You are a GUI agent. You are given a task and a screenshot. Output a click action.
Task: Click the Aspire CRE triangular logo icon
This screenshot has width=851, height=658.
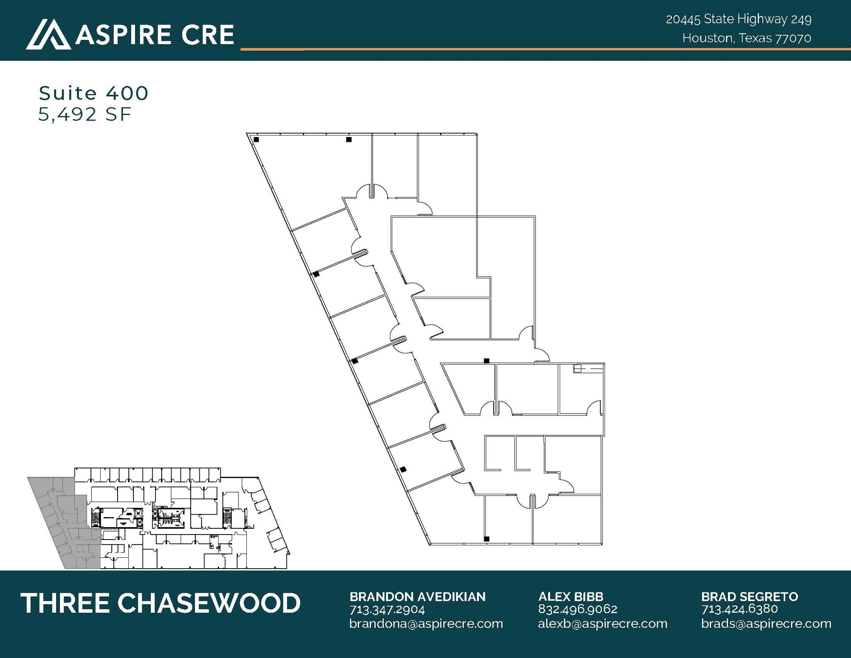click(x=48, y=35)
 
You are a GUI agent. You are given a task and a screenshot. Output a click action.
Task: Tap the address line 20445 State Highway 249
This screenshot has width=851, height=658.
click(x=738, y=19)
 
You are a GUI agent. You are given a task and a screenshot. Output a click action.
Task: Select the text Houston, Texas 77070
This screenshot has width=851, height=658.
click(x=746, y=38)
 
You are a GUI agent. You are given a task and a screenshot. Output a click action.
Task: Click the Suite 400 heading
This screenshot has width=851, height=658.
click(x=93, y=93)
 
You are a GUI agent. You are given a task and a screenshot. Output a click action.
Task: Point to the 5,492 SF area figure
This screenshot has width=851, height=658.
click(x=85, y=114)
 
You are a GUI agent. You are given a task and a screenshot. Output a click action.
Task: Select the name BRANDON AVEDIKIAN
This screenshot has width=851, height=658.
click(x=417, y=596)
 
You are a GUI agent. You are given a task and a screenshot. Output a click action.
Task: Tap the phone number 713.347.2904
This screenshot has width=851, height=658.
click(x=387, y=609)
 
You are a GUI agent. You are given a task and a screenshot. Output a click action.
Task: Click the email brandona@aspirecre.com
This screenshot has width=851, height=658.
click(x=426, y=623)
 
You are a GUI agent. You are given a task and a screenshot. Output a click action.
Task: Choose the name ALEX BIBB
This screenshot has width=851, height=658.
click(x=571, y=596)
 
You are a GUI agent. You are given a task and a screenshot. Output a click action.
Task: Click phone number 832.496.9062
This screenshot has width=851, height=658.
click(x=578, y=609)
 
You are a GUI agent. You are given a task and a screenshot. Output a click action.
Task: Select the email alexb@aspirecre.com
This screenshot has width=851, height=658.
click(x=603, y=623)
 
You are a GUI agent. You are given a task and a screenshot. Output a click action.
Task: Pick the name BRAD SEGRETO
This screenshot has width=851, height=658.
click(x=750, y=596)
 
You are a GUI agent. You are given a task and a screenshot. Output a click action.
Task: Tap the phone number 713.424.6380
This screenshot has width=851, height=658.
click(x=739, y=609)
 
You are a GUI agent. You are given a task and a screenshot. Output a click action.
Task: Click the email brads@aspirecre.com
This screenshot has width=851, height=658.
click(x=766, y=623)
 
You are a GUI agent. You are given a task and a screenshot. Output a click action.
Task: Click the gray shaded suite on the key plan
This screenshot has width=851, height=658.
click(x=62, y=520)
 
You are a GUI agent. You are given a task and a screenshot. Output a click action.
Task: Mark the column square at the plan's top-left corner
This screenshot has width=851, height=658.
click(x=256, y=140)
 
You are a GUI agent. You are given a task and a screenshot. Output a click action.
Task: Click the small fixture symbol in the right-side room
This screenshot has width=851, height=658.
click(x=577, y=368)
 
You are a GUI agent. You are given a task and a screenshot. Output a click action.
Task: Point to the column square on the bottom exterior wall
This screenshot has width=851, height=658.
click(x=487, y=539)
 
